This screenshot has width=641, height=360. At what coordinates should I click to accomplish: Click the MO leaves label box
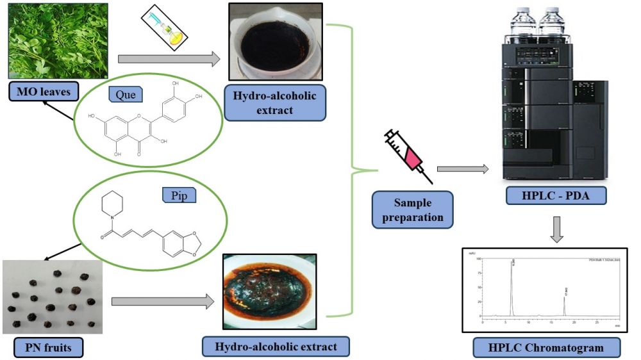coord(43,92)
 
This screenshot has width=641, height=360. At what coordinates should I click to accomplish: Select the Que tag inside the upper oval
coord(126,95)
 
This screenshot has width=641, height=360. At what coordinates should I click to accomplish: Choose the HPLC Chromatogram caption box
coord(547,347)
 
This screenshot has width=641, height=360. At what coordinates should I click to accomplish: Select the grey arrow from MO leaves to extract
coord(169,60)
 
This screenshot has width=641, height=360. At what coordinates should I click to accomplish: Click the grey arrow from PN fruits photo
coord(162,300)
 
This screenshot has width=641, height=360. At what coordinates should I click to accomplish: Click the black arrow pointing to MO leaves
coord(62,111)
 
